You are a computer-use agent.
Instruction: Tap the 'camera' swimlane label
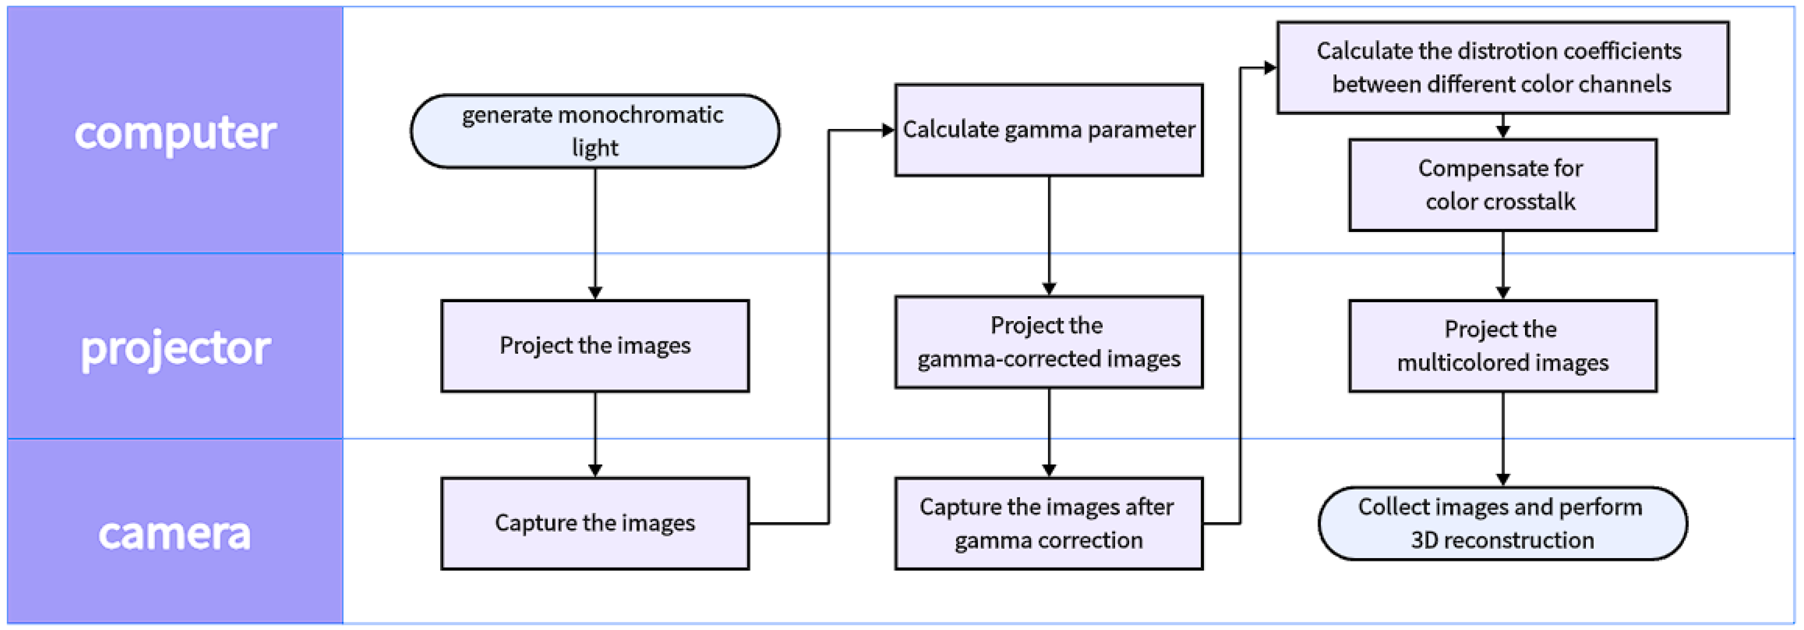point(175,533)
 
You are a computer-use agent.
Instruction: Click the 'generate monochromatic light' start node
point(595,131)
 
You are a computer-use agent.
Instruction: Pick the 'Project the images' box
point(595,346)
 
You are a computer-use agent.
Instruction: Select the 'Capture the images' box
point(595,523)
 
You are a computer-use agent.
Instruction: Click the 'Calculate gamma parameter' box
point(1048,130)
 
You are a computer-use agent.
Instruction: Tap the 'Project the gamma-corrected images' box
point(1048,342)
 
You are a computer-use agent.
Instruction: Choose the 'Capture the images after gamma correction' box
point(1048,523)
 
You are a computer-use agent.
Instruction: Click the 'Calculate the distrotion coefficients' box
point(1502,67)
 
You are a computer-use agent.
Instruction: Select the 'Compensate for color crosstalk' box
point(1502,184)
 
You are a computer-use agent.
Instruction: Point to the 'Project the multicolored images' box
point(1502,346)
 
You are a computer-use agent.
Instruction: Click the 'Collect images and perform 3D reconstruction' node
point(1502,523)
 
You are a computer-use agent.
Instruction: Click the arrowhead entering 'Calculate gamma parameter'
point(888,130)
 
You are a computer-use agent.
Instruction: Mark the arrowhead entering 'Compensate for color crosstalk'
point(1502,131)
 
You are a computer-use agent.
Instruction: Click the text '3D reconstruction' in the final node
point(1502,540)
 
